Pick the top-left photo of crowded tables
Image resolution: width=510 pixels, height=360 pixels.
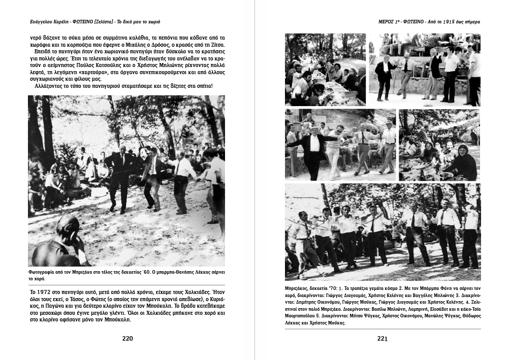(x=325, y=69)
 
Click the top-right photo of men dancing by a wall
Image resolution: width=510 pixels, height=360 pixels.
(x=424, y=69)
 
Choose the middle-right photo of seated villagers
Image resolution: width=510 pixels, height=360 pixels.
(x=439, y=145)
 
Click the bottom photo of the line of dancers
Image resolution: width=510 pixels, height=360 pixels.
(x=382, y=232)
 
